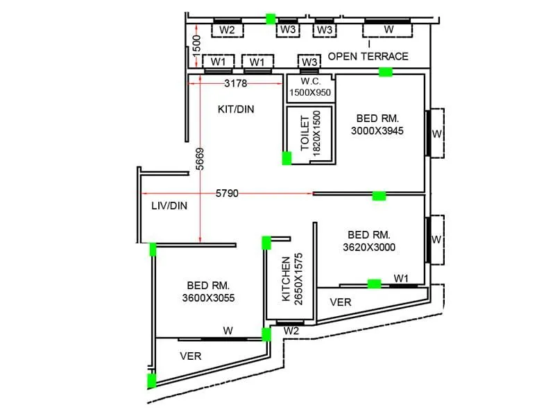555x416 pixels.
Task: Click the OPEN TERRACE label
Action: click(368, 56)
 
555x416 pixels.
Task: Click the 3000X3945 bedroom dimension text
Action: click(377, 130)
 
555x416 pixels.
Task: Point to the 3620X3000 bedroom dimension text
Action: click(369, 247)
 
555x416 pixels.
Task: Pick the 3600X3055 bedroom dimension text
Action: click(208, 298)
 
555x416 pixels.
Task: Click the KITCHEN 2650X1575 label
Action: click(291, 277)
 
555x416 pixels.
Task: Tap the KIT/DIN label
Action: click(236, 109)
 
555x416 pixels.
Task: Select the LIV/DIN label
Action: click(169, 205)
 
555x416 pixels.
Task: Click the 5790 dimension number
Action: click(227, 193)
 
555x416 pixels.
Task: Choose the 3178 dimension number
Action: click(236, 84)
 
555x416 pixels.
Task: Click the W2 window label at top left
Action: click(227, 31)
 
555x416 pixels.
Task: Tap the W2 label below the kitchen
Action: click(291, 331)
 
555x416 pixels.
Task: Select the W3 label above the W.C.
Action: click(309, 63)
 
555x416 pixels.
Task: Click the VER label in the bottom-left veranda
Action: click(190, 356)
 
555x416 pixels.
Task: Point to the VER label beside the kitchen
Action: click(340, 302)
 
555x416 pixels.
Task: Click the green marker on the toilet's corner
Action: click(287, 158)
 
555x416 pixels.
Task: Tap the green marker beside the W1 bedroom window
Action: click(374, 283)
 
